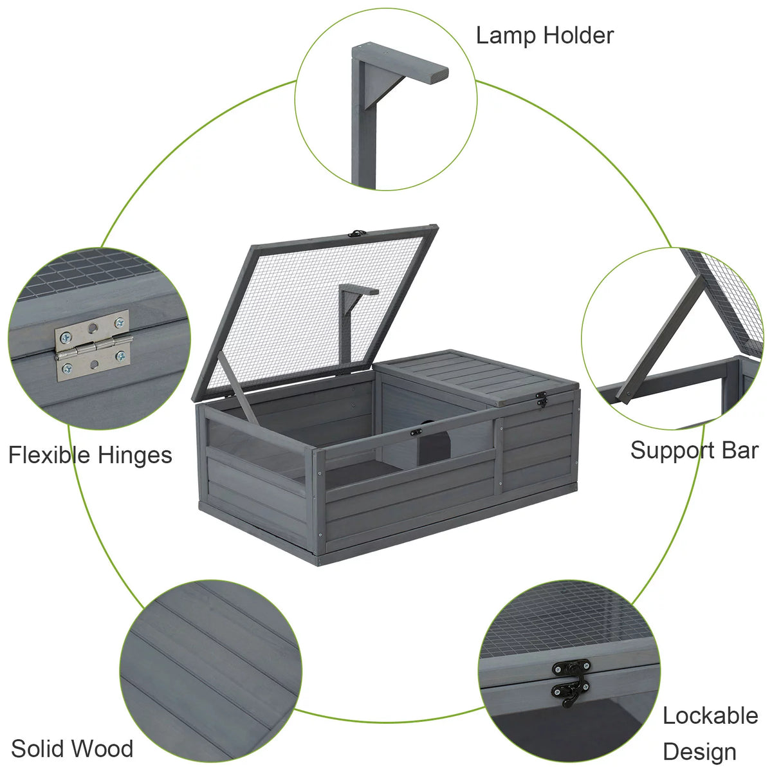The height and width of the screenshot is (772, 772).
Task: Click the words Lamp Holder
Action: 545,36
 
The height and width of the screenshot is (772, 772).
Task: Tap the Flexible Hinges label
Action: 90,455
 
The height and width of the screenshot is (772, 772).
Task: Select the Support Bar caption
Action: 695,451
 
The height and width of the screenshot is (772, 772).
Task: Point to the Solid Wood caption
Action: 72,737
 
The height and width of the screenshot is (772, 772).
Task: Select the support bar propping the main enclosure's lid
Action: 239,388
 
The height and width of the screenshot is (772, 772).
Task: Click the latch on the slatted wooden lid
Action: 542,400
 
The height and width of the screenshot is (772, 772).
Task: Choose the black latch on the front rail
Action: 416,432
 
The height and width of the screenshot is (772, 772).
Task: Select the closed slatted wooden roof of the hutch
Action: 477,376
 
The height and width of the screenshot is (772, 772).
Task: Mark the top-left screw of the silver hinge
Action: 64,338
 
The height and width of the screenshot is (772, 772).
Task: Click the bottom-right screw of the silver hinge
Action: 120,356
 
